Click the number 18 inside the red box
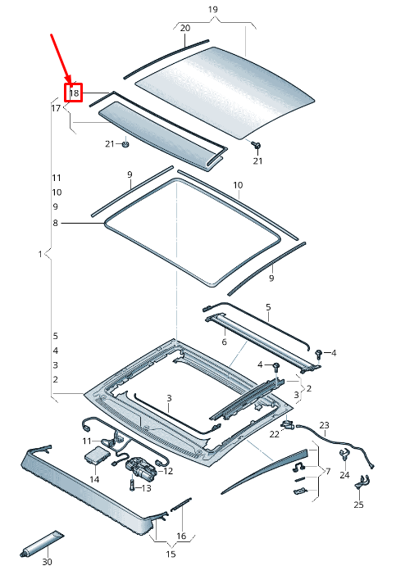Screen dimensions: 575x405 [x=75, y=93]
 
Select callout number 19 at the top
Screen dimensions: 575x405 [x=213, y=10]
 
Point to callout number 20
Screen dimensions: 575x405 [x=185, y=28]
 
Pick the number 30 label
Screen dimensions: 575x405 [x=47, y=562]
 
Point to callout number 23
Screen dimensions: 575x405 [x=324, y=425]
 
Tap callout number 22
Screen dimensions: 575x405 [x=274, y=434]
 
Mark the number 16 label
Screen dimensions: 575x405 [x=182, y=536]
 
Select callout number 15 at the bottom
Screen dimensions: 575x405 [x=171, y=555]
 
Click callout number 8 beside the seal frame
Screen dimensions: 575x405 [x=56, y=222]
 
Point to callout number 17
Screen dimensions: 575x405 [x=56, y=108]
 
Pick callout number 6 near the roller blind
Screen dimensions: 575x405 [x=223, y=342]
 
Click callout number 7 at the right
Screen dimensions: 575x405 [x=327, y=472]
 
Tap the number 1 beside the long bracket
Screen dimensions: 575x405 [x=39, y=255]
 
